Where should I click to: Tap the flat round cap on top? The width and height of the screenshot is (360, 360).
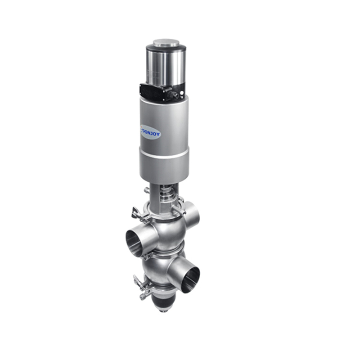click(x=166, y=43)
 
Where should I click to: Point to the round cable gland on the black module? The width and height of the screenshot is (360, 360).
click(x=172, y=94)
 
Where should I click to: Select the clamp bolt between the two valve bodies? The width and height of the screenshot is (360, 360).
click(x=144, y=256)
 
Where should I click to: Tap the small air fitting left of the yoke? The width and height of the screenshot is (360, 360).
click(x=147, y=191)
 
